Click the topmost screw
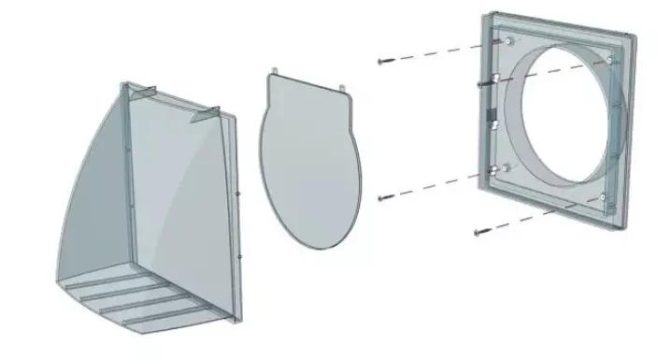coord(382,62)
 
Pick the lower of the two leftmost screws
coord(382,197)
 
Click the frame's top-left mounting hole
coord(508,43)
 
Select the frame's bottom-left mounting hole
coord(493,169)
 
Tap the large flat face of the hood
coord(182,187)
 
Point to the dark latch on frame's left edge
coord(488,121)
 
